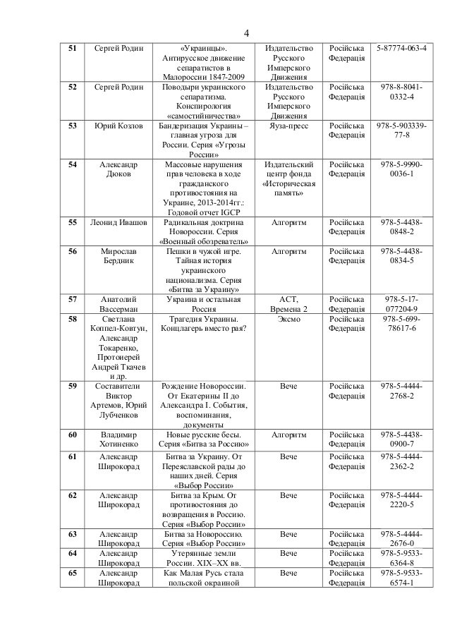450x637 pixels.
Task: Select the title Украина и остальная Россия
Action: pos(203,304)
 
